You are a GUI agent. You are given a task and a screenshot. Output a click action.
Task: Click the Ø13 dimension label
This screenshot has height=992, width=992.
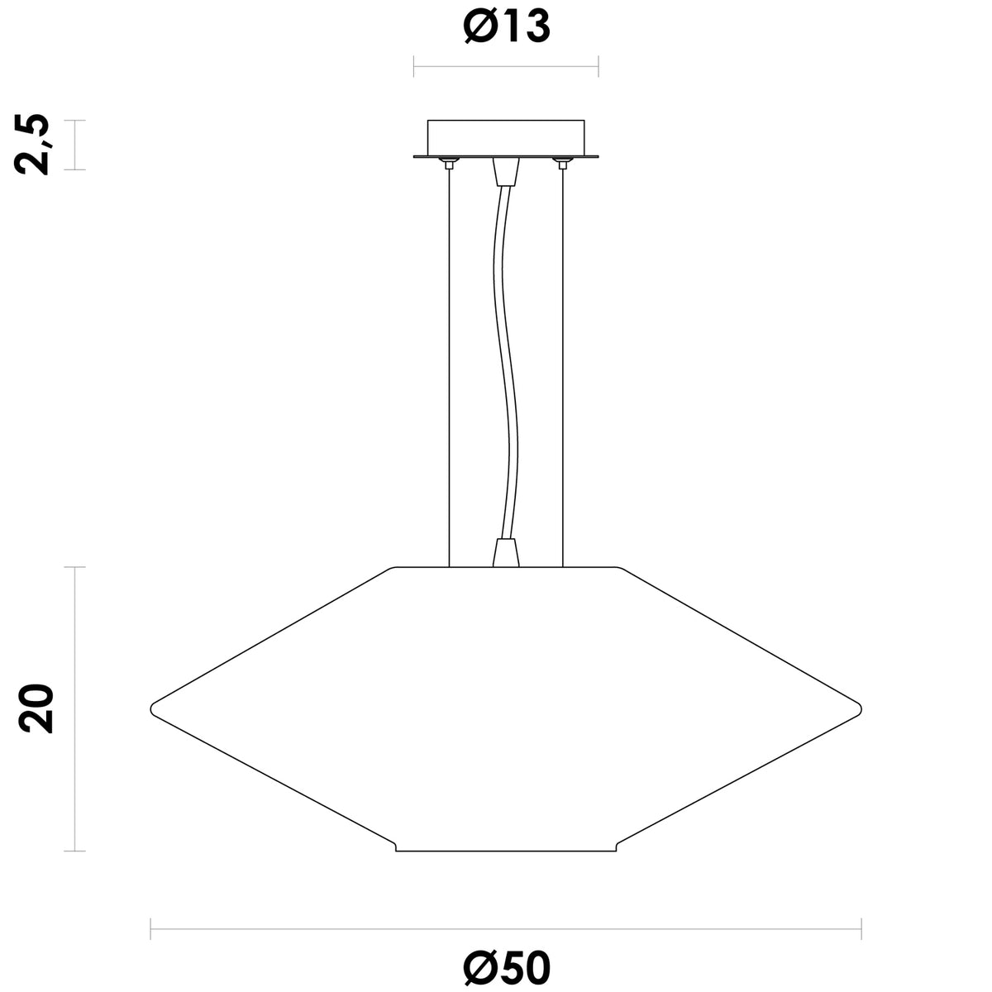coord(507,26)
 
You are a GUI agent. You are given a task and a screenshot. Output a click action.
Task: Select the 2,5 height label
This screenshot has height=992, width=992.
coord(32,145)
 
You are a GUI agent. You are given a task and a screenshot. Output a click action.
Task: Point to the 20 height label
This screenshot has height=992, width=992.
coord(35,708)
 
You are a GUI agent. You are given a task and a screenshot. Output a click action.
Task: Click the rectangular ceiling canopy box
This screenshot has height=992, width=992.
coord(506,138)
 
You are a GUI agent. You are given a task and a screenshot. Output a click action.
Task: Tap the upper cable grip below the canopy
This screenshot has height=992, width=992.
coord(506,171)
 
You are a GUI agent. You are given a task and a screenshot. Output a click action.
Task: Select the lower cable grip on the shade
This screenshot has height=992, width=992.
coord(506,553)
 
